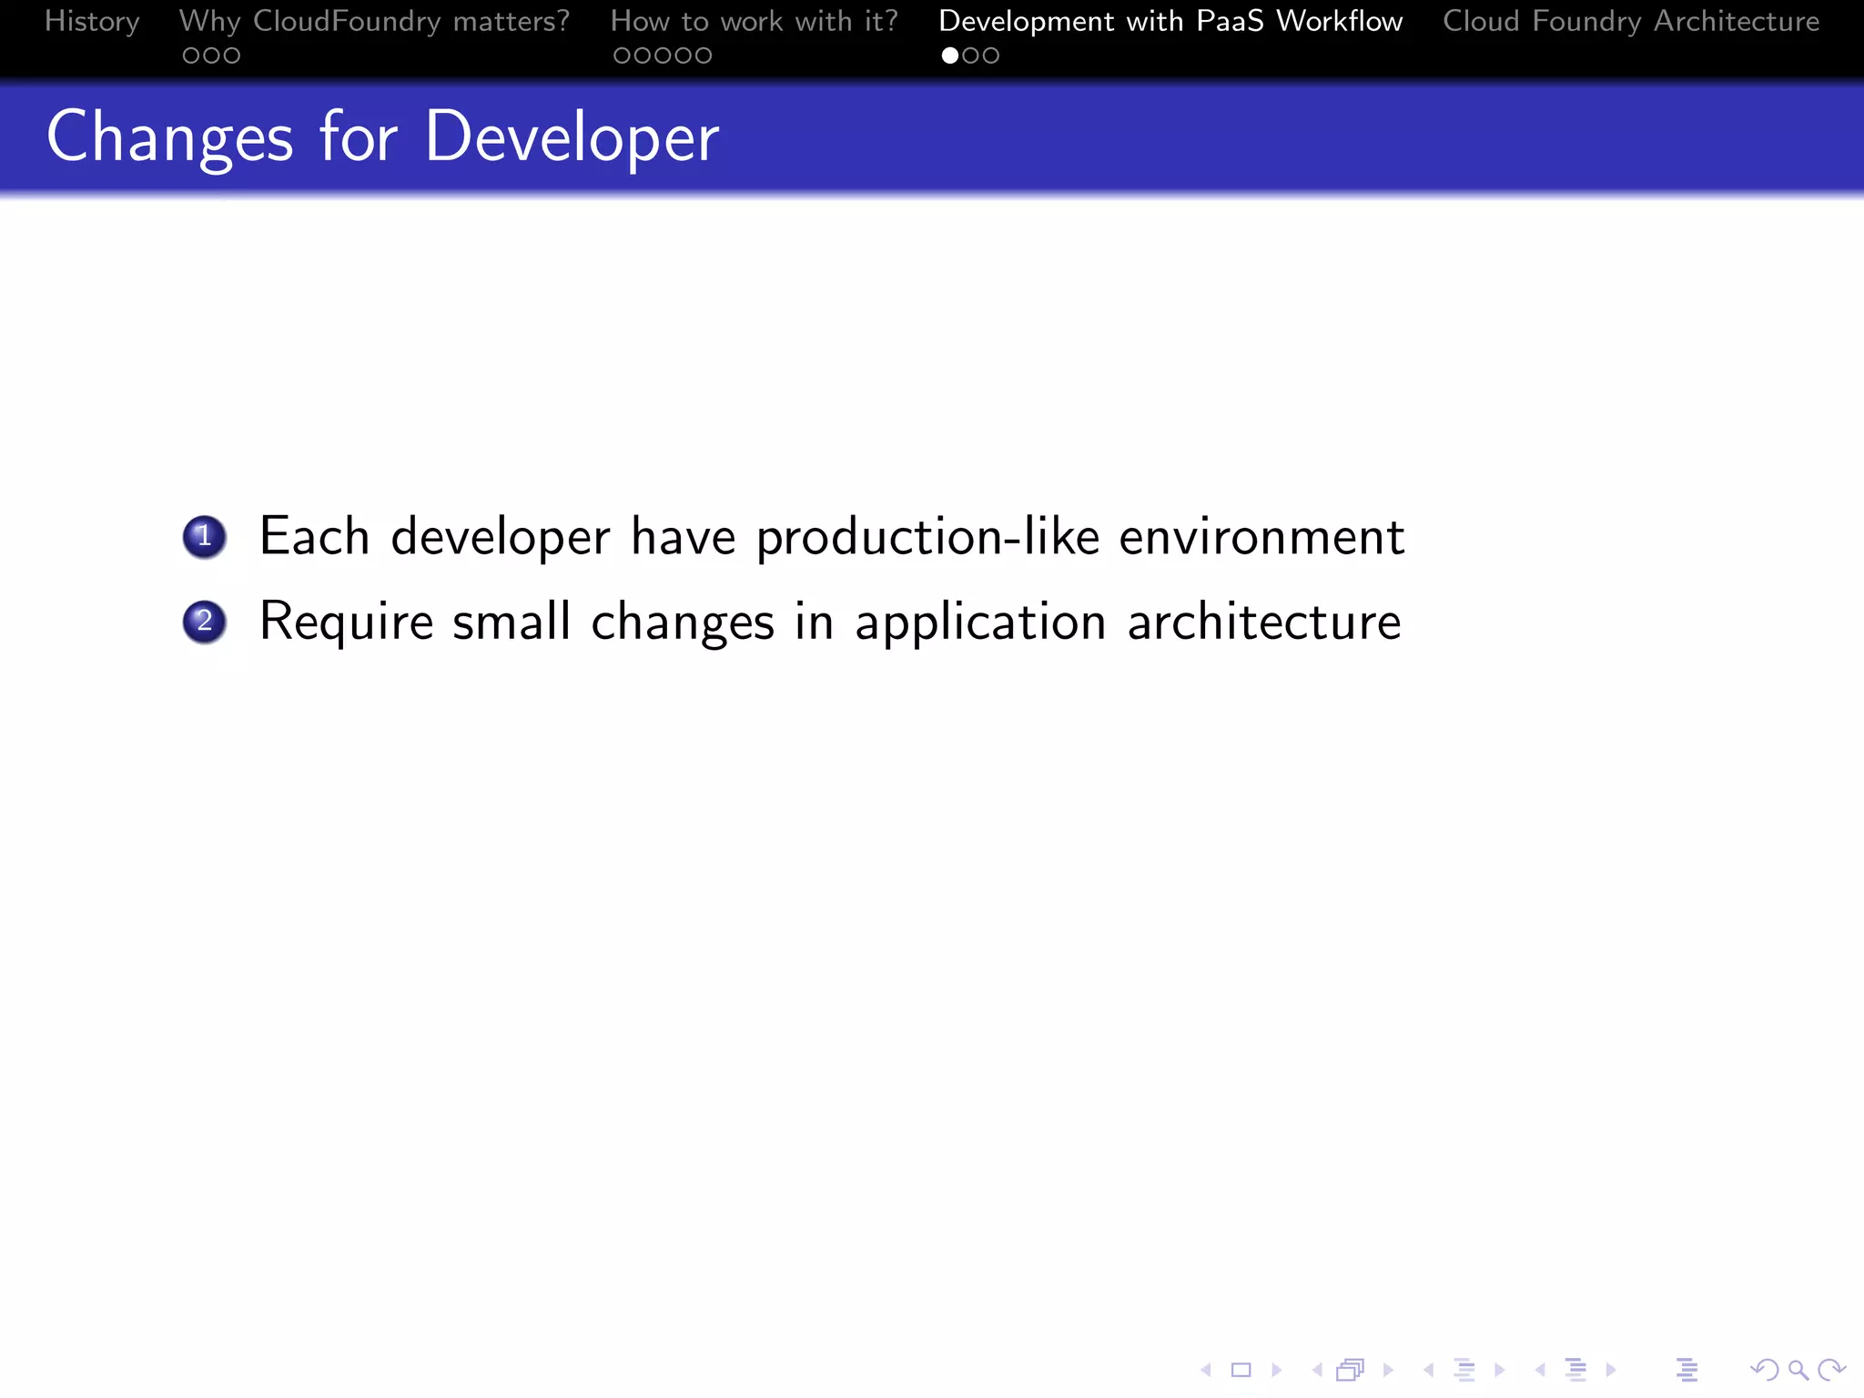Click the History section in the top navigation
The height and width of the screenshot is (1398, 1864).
coord(92,21)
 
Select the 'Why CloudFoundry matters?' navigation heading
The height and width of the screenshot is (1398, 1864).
coord(374,21)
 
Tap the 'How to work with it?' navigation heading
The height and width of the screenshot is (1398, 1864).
coord(754,21)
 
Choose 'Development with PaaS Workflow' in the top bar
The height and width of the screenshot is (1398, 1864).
coord(1170,21)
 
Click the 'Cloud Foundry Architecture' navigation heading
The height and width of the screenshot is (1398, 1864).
coord(1631,21)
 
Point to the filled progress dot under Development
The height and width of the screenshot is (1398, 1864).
coord(950,56)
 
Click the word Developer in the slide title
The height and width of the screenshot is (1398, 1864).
coord(572,137)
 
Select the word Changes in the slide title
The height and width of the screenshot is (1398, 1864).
coord(170,137)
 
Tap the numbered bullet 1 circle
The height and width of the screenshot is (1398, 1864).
coord(205,536)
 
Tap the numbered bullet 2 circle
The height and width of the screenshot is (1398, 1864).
coord(205,622)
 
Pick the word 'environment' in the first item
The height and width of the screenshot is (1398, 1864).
coord(1261,537)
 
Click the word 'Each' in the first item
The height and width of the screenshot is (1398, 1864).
coord(314,536)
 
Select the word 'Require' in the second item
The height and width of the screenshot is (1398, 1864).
coord(346,623)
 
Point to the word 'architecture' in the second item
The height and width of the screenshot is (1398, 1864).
coord(1264,623)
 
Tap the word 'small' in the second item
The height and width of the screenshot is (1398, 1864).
coord(512,623)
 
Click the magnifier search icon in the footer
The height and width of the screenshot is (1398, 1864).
coord(1798,1370)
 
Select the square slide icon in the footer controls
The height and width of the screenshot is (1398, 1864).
coord(1241,1370)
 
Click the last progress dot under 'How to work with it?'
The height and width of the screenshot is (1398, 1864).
coord(703,56)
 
